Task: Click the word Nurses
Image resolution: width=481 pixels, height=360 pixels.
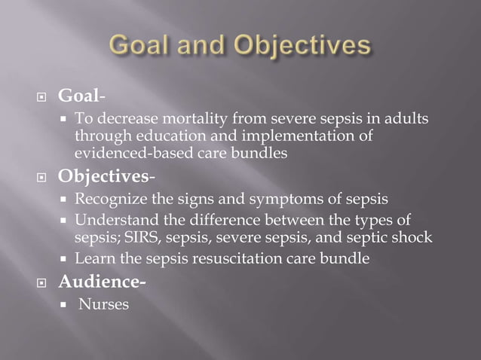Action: point(103,304)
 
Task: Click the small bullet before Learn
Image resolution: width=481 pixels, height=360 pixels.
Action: point(66,259)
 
